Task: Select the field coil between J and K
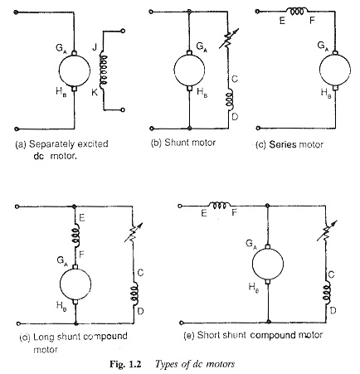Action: [104, 70]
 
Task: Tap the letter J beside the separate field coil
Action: [95, 48]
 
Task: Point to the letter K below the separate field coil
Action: [95, 93]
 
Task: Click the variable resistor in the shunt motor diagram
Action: [228, 39]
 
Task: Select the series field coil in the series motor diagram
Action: [297, 11]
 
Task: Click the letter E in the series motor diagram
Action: [282, 21]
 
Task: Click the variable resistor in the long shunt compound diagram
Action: [134, 232]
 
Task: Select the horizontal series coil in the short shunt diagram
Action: [220, 205]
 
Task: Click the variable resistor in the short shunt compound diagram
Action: [327, 231]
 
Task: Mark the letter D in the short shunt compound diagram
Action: [333, 311]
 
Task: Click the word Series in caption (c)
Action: [281, 144]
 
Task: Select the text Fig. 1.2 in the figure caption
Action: [125, 364]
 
